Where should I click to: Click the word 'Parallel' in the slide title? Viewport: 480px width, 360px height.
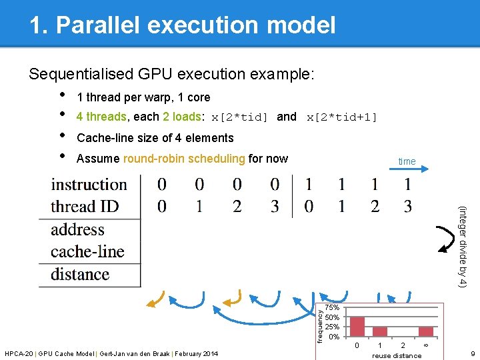tap(98, 25)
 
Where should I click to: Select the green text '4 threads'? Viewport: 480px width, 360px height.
tap(101, 117)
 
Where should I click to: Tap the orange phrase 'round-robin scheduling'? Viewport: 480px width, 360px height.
tap(184, 159)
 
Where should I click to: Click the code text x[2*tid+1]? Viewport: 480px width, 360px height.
tap(341, 117)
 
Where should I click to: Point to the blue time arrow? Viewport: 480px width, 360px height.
tap(409, 169)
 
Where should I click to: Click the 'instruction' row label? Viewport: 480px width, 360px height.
tap(89, 185)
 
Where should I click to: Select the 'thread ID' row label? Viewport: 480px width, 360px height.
tap(85, 206)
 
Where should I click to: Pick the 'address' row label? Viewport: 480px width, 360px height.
tap(77, 229)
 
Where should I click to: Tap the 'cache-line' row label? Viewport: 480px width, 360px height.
tap(87, 251)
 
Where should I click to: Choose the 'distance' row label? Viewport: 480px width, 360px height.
tap(80, 274)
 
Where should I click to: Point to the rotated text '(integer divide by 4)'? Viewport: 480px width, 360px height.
tap(462, 247)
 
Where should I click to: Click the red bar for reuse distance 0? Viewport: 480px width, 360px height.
tap(357, 327)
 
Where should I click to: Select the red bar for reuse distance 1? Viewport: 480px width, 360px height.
tap(380, 332)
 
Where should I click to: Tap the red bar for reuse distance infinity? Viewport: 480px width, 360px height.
tap(426, 332)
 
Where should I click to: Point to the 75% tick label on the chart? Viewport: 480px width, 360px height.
tap(332, 307)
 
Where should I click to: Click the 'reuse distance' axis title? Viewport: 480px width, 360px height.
tap(397, 356)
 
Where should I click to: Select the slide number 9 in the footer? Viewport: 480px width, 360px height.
tap(473, 354)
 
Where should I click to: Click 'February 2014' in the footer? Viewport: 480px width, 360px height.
tap(197, 354)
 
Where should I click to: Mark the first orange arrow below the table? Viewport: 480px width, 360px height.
tap(157, 300)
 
